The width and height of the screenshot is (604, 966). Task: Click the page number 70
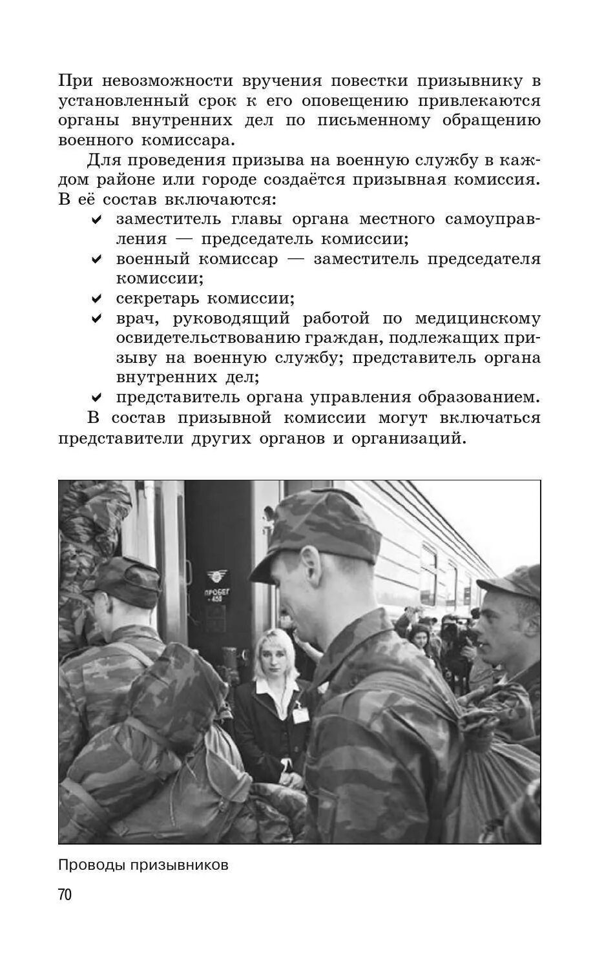point(65,894)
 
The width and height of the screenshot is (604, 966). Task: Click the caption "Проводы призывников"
point(143,865)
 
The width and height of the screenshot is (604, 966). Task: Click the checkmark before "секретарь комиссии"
point(97,299)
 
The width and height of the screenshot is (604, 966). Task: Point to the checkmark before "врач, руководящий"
point(97,319)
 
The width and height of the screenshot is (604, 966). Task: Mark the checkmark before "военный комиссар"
point(97,260)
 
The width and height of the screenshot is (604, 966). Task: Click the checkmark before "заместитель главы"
point(97,220)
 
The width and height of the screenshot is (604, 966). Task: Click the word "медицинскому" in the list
point(477,318)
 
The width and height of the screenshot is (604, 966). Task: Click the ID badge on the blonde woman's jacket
point(300,714)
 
